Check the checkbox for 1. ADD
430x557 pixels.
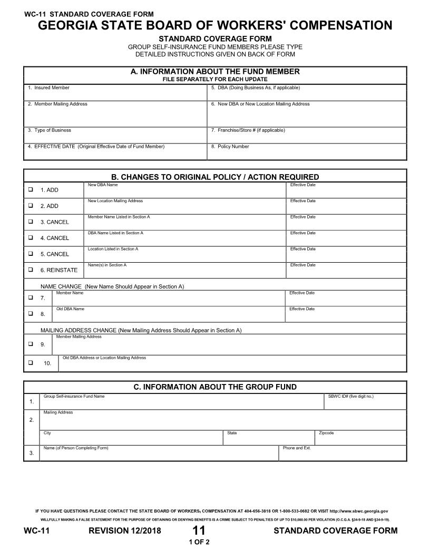pyautogui.click(x=31, y=189)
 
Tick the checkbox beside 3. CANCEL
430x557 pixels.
pyautogui.click(x=31, y=221)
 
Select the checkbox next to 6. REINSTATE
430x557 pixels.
pyautogui.click(x=31, y=269)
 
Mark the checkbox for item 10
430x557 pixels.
pyautogui.click(x=31, y=362)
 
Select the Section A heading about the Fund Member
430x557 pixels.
pyautogui.click(x=215, y=72)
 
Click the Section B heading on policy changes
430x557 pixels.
pyautogui.click(x=215, y=177)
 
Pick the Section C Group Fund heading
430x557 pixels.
pyautogui.click(x=215, y=387)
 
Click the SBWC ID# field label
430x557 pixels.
pyautogui.click(x=350, y=396)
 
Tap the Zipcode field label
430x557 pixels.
pyautogui.click(x=326, y=433)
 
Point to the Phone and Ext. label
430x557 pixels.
pyautogui.click(x=297, y=448)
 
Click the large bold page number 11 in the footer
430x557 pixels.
pyautogui.click(x=199, y=531)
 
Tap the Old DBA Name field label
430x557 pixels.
pyautogui.click(x=70, y=309)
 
